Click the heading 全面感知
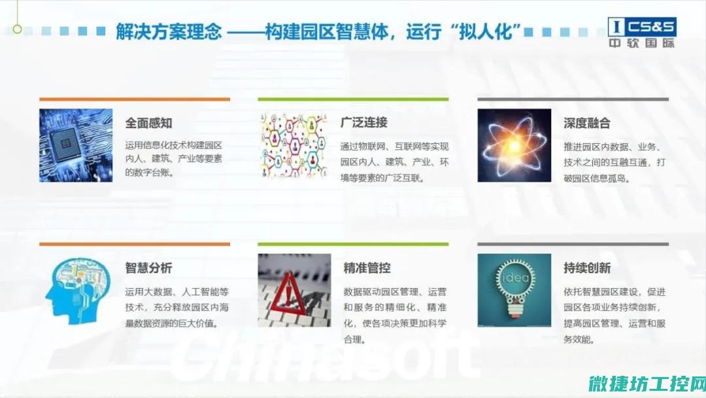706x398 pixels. [148, 123]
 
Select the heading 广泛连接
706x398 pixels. [364, 122]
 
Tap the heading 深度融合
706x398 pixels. [586, 123]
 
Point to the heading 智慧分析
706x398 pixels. [148, 268]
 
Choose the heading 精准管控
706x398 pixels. [367, 268]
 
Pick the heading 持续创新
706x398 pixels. [586, 268]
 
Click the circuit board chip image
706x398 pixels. [76, 145]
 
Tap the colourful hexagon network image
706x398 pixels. [294, 145]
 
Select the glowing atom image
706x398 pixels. [514, 145]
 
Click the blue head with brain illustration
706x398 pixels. [77, 291]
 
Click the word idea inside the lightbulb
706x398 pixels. [515, 278]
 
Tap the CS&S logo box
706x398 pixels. [642, 27]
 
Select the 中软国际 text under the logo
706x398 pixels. [642, 43]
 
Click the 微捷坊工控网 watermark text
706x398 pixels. [647, 384]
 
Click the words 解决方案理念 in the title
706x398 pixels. [169, 32]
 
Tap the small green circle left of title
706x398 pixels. [17, 29]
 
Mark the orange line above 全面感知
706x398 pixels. [135, 99]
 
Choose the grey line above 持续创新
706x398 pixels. [573, 244]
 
